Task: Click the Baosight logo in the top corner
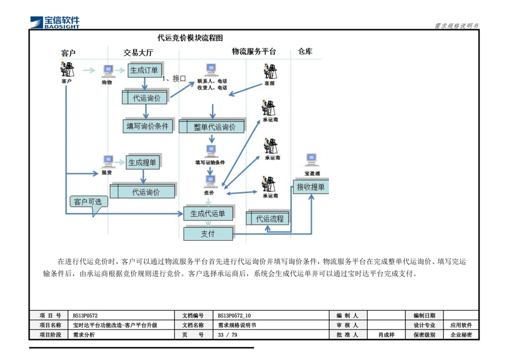pyautogui.click(x=55, y=21)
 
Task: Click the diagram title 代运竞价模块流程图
pyautogui.click(x=190, y=38)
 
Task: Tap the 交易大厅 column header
pyautogui.click(x=138, y=52)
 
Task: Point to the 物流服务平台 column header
pyautogui.click(x=254, y=51)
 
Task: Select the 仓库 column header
pyautogui.click(x=305, y=51)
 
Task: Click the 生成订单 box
pyautogui.click(x=144, y=70)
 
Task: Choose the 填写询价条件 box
pyautogui.click(x=148, y=126)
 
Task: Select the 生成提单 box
pyautogui.click(x=143, y=162)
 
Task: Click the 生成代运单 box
pyautogui.click(x=208, y=214)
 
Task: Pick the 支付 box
pyautogui.click(x=208, y=234)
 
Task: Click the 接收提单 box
pyautogui.click(x=311, y=187)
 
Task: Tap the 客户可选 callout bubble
pyautogui.click(x=88, y=202)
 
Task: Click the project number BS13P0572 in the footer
pyautogui.click(x=86, y=316)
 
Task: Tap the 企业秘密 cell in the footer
pyautogui.click(x=461, y=335)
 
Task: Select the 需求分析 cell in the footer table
pyautogui.click(x=84, y=335)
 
